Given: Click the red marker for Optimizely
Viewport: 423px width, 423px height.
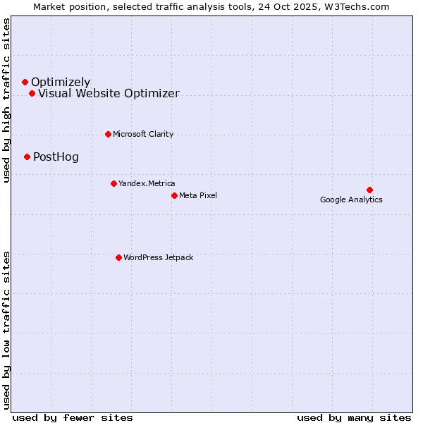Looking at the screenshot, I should coord(25,82).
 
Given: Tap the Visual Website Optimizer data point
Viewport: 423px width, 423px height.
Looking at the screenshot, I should coord(32,94).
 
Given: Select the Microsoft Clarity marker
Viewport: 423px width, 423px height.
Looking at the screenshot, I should coord(108,134).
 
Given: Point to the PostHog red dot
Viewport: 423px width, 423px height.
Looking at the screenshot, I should coord(27,157).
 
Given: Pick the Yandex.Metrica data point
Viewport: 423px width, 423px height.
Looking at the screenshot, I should coord(114,183).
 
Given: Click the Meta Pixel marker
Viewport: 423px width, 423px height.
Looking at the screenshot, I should coord(174,195).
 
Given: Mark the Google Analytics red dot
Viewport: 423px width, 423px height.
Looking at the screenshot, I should coord(369,190).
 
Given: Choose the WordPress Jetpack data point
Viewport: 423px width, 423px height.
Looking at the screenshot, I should coord(118,257).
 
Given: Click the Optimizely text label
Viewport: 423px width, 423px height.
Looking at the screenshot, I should coord(61,82).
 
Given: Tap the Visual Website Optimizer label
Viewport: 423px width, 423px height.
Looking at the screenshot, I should coord(109,94).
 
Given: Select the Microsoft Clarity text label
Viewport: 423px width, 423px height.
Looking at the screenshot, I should coord(143,134).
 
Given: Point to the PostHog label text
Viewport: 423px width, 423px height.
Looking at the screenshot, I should coord(56,157).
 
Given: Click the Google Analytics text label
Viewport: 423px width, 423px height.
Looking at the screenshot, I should coord(351,200).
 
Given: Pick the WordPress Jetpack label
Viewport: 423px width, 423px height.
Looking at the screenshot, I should coord(158,257).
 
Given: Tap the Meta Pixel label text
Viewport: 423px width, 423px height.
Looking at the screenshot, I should coord(198,195).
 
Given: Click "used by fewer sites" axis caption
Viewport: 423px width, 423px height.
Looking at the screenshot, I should coord(73,417).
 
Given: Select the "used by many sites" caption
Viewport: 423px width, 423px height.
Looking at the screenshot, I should coord(354,417).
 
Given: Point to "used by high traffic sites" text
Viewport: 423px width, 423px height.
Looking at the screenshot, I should coord(7,100).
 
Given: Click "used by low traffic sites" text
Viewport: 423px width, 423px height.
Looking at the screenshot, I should coord(7,329).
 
